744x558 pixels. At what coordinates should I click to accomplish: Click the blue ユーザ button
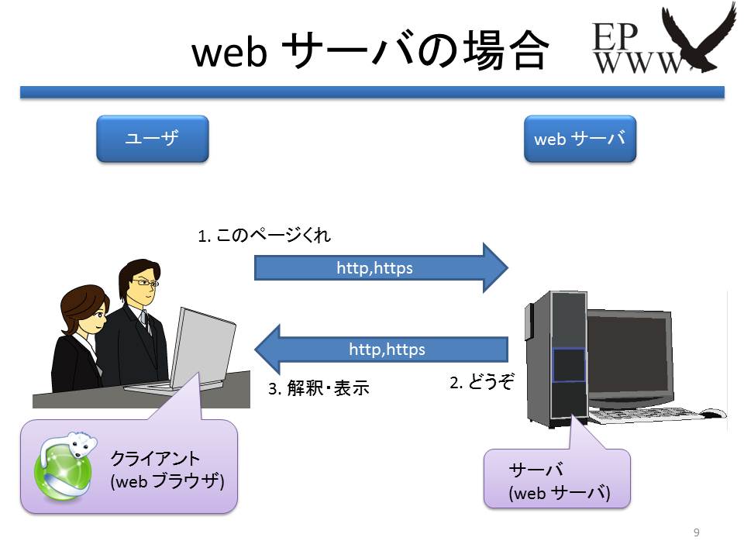click(x=153, y=139)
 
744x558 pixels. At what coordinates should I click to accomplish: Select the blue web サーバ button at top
click(x=580, y=139)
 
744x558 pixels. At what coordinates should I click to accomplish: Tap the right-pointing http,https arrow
click(x=381, y=267)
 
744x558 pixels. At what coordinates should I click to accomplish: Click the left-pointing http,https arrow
click(x=381, y=350)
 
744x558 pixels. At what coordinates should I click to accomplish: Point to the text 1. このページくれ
click(x=264, y=235)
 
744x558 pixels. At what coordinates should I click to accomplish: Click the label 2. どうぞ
click(x=481, y=381)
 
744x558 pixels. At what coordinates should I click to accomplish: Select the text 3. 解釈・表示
click(x=319, y=388)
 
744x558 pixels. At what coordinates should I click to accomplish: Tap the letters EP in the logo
click(x=615, y=36)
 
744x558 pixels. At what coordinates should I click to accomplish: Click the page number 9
click(x=696, y=532)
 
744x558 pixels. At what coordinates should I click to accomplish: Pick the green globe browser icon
click(x=64, y=467)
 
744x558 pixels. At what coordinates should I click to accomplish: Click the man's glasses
click(x=145, y=283)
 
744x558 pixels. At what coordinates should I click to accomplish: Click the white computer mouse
click(x=713, y=413)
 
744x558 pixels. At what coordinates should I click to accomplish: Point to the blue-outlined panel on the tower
click(x=568, y=364)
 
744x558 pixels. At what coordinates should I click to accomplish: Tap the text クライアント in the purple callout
click(x=155, y=458)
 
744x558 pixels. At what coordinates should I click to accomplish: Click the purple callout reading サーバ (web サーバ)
click(x=557, y=478)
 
